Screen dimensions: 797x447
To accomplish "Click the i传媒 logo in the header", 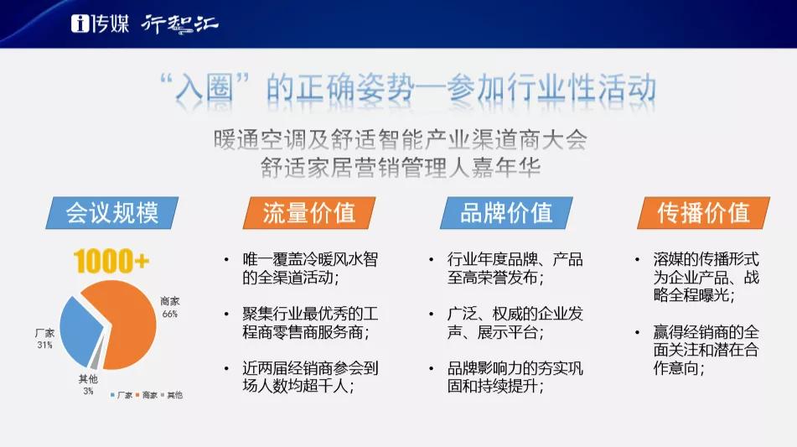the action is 100,23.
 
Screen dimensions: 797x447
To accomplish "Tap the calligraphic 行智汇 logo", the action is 179,23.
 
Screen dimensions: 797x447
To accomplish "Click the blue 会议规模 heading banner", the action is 112,212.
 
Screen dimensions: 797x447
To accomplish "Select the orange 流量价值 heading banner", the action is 309,212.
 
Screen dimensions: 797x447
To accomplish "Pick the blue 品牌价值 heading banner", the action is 506,212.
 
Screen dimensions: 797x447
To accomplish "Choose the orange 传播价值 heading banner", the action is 703,212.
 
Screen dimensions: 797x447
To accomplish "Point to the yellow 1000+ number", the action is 111,262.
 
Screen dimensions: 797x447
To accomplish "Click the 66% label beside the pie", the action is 170,314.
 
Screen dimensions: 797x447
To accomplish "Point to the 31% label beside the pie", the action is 44,345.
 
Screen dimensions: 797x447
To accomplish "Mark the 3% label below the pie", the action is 89,391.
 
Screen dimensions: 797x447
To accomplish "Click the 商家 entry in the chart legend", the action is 147,395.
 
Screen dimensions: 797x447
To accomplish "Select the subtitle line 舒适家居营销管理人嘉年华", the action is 401,168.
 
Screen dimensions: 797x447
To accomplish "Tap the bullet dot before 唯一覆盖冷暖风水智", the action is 227,260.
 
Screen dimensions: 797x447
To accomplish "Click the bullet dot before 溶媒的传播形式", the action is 637,260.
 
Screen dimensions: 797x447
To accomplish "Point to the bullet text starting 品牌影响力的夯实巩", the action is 515,377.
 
